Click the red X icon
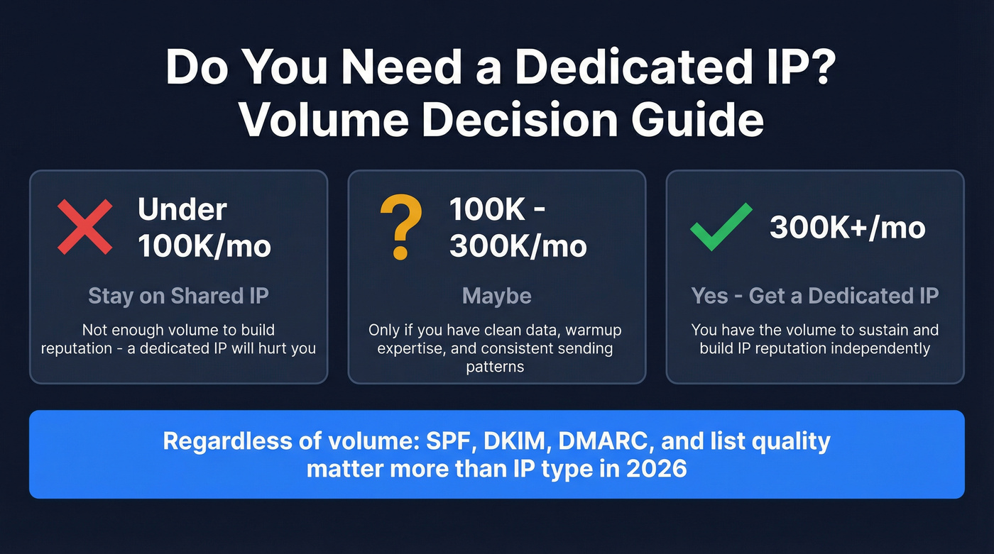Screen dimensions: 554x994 84,227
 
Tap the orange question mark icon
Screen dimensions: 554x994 401,227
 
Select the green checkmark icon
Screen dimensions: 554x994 721,227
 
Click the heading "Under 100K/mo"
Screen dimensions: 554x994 204,227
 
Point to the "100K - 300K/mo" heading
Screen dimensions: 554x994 518,227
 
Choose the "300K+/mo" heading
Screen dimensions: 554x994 847,228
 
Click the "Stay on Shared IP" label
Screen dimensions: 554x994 178,296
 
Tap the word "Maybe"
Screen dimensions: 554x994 496,296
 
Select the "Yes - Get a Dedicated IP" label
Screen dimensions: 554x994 815,296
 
